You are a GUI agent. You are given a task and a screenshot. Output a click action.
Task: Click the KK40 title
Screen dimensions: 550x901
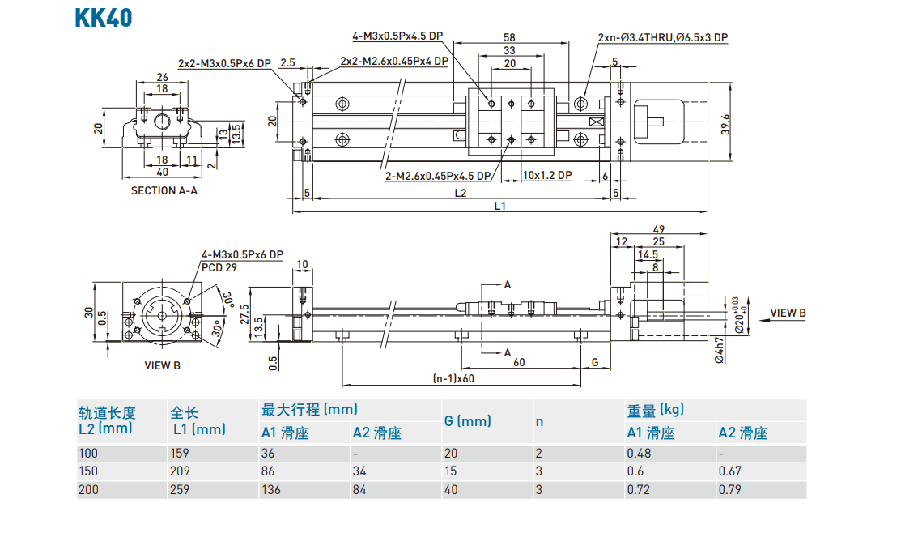coord(104,18)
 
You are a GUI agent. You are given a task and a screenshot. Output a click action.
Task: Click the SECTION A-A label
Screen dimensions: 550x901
coord(164,191)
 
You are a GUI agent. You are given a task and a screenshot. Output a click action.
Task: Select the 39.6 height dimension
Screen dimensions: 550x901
coord(726,123)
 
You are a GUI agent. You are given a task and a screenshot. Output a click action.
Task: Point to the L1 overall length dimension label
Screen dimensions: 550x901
coord(500,206)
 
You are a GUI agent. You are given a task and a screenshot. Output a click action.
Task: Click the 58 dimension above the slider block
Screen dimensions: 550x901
coord(509,37)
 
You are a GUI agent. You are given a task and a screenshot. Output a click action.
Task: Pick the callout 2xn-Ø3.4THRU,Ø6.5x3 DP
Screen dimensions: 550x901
coord(662,37)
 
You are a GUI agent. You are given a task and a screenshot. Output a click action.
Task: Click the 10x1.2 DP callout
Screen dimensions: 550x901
coord(547,175)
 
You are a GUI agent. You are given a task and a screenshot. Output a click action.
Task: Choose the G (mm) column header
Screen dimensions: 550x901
coord(468,421)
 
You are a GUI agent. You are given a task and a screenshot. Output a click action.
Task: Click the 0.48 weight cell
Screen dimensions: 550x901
coord(639,453)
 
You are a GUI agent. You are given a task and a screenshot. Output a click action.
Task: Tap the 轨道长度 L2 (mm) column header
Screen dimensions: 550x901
coord(106,420)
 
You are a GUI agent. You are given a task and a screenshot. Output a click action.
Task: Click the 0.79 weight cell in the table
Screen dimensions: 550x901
coord(730,489)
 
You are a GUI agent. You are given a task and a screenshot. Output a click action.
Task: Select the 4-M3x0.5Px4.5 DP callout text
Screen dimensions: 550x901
coord(397,36)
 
